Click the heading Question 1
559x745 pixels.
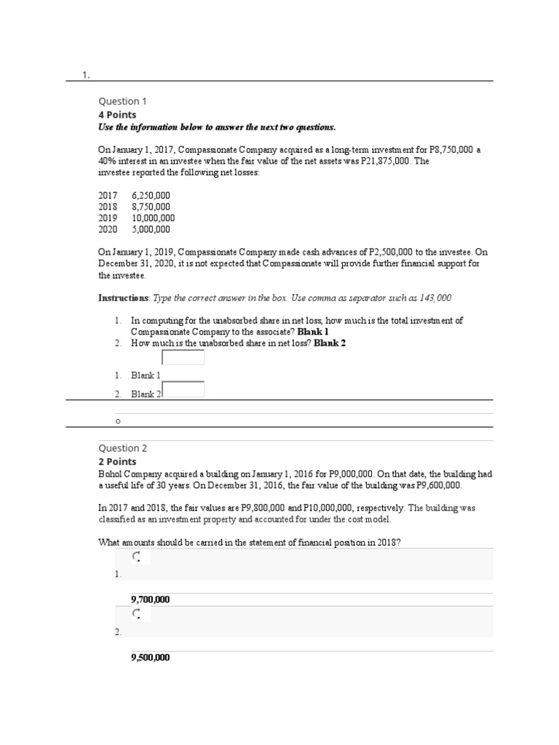pos(122,101)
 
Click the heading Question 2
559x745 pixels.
pos(123,448)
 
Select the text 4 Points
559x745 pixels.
pos(117,115)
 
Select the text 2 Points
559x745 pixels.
pos(117,461)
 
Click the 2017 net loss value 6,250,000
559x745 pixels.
pos(151,196)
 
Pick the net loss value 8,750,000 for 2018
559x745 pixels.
pos(151,207)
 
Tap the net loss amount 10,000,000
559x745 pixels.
pos(153,218)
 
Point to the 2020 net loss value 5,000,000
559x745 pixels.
pos(151,228)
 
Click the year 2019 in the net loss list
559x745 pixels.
pos(108,218)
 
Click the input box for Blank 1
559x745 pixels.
pos(183,357)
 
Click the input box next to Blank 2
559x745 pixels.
pos(183,389)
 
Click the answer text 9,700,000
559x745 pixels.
pos(151,599)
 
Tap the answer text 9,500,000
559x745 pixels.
pos(151,657)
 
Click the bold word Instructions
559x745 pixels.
pos(123,298)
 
